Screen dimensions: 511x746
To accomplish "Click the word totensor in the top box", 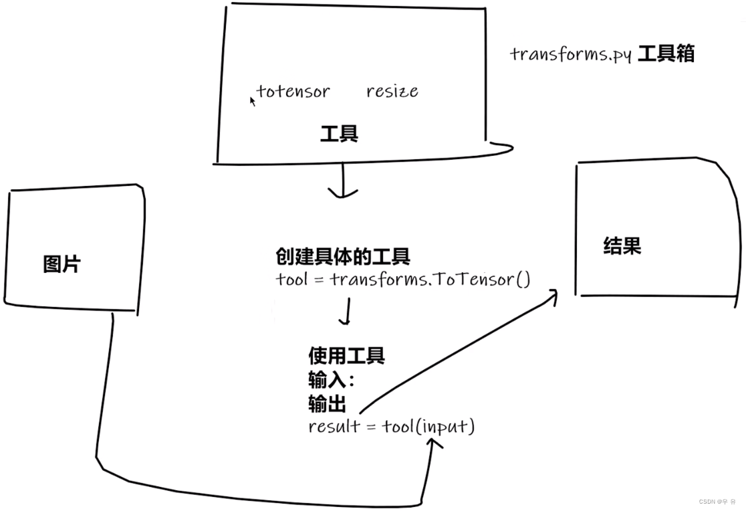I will click(x=293, y=91).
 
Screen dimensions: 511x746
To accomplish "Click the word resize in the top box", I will click(x=392, y=91).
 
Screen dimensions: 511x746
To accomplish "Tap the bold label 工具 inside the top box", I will click(x=339, y=134).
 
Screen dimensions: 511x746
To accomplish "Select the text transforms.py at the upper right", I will click(x=570, y=54).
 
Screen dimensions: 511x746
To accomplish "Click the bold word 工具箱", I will click(x=666, y=54).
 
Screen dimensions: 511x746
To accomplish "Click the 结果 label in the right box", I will click(x=622, y=246).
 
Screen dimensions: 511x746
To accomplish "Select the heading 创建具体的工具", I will click(x=343, y=256).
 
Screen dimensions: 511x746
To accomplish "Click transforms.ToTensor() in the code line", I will click(x=430, y=279).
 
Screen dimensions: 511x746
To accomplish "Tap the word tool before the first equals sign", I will click(x=291, y=279).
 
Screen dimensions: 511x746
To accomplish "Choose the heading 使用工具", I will click(x=346, y=354).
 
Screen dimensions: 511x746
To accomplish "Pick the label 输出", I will click(x=327, y=404).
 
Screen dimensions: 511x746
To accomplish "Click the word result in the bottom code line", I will click(x=334, y=427).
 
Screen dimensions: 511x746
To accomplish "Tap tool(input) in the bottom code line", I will click(x=428, y=427).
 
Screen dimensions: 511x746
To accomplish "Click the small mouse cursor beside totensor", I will click(x=253, y=101).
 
